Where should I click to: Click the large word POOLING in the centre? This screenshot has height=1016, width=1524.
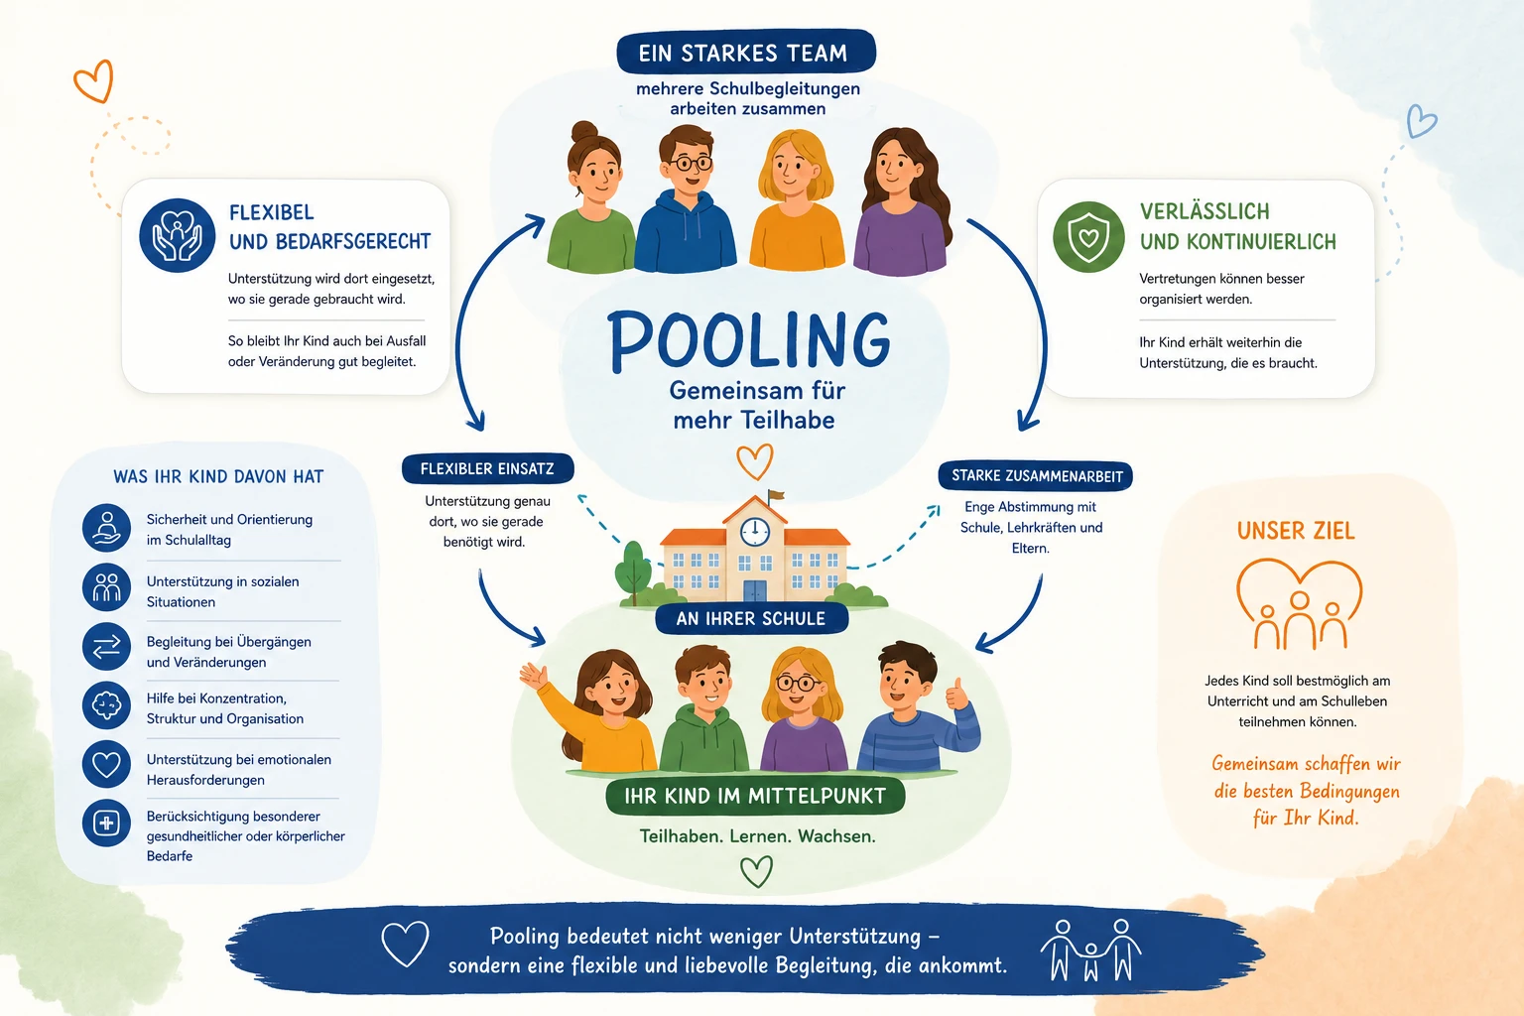pos(748,340)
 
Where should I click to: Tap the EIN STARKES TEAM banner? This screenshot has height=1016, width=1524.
pos(746,52)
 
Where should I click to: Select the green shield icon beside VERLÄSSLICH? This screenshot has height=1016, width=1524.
pos(1088,237)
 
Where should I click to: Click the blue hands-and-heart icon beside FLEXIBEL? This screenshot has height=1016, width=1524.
pos(177,235)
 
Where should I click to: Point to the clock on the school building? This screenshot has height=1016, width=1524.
pos(754,532)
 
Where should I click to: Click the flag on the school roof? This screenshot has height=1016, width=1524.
pos(776,495)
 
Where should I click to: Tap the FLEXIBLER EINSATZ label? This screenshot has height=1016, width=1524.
pos(488,469)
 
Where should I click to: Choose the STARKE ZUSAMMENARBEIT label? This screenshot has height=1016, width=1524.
pos(1036,475)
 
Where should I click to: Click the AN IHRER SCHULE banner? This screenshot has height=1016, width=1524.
pos(751,618)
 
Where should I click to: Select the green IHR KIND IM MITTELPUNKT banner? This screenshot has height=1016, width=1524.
pos(755,796)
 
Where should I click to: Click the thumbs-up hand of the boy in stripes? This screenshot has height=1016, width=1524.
pos(956,695)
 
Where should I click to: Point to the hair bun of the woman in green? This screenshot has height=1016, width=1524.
pos(584,131)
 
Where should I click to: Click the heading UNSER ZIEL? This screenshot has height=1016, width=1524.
pos(1296,531)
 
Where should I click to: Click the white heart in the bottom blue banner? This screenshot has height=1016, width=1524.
pos(406,944)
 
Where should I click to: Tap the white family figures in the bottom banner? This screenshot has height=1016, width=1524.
pos(1091,950)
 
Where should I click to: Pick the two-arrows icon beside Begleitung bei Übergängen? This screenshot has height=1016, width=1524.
pos(107,647)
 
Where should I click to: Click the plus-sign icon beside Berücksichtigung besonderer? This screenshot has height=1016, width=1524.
pos(107,824)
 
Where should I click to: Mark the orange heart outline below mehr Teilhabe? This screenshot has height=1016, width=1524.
pos(754,462)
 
